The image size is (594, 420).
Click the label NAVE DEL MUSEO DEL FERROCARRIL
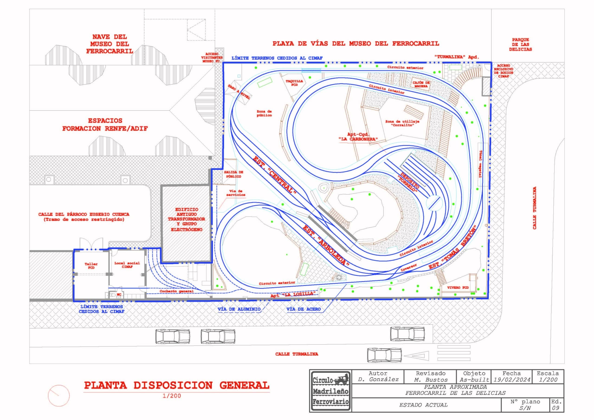point(110,44)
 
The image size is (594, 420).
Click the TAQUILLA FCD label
point(294,83)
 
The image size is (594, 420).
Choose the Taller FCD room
point(91,275)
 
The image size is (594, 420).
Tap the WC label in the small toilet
point(119,294)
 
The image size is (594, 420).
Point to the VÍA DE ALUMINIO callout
point(239,309)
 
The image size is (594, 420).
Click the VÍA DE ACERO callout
point(303,309)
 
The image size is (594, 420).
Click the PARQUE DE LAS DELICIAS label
point(520,44)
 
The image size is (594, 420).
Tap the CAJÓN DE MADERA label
point(421,84)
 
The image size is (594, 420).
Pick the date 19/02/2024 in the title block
point(512,380)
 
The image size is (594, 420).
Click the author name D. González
point(378,380)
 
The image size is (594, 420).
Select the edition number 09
point(555,408)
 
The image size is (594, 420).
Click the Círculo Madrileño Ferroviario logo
point(331,391)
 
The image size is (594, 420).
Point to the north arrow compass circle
point(59,395)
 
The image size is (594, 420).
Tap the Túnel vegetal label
point(481,164)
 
